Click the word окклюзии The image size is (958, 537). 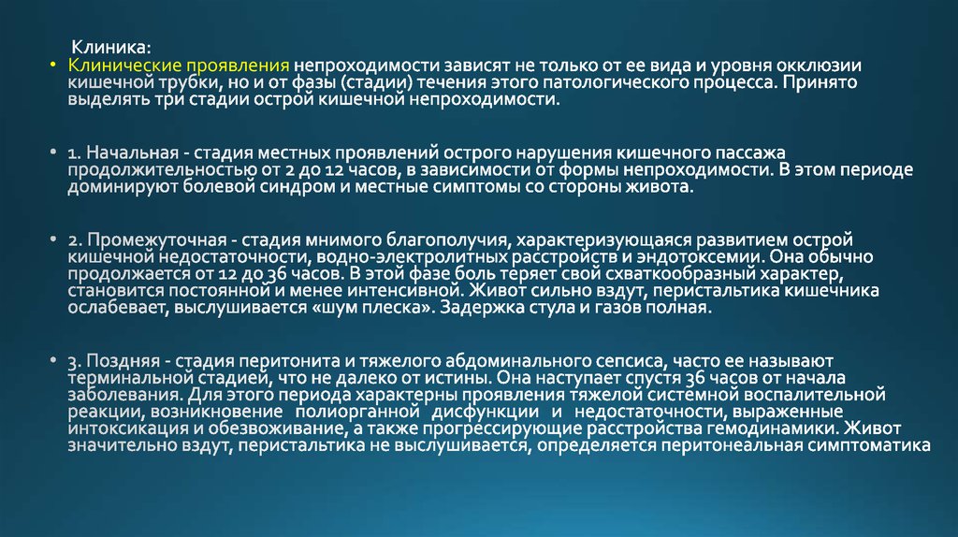[826, 66]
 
